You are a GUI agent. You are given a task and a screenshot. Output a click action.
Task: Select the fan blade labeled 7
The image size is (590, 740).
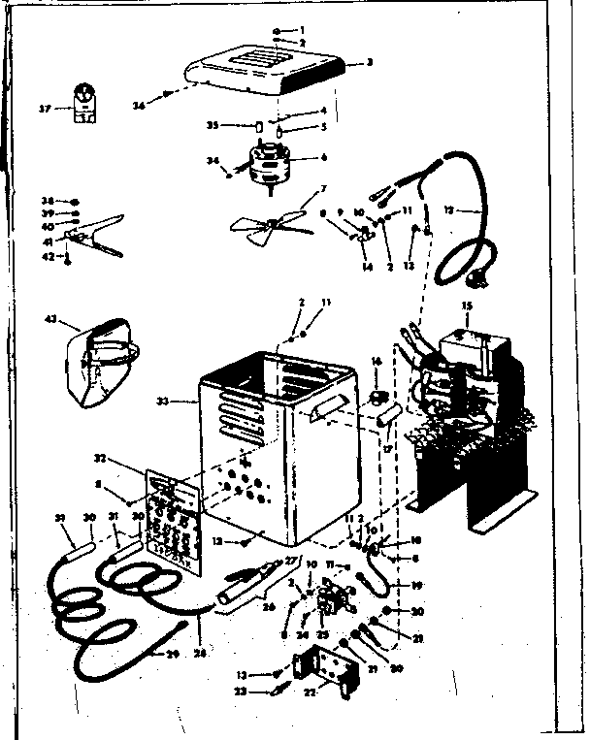tap(275, 225)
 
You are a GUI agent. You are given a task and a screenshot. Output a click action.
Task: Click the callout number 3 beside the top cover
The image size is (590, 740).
tap(370, 62)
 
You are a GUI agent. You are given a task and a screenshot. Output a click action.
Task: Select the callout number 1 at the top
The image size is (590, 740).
tap(302, 30)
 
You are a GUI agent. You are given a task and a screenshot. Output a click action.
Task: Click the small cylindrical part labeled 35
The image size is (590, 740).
tap(259, 127)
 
